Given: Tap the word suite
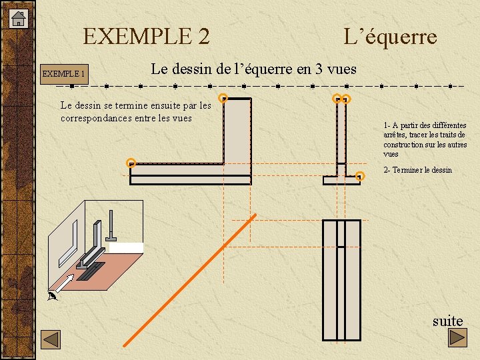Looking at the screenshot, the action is pyautogui.click(x=447, y=321).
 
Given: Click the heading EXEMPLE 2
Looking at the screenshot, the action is pyautogui.click(x=146, y=36).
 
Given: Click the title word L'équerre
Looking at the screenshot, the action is pyautogui.click(x=390, y=36).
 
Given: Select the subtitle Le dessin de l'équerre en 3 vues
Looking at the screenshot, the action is pyautogui.click(x=253, y=69).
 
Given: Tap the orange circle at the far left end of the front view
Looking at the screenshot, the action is pyautogui.click(x=131, y=162).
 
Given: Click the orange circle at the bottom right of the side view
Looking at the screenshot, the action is pyautogui.click(x=360, y=176).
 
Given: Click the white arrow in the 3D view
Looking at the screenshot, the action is pyautogui.click(x=63, y=283).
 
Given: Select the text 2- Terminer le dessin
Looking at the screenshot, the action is pyautogui.click(x=417, y=170).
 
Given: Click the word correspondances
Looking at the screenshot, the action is pyautogui.click(x=98, y=119).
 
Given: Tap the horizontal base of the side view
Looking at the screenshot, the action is pyautogui.click(x=341, y=180).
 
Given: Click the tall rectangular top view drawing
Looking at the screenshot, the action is pyautogui.click(x=341, y=280).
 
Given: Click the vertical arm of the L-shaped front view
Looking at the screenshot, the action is pyautogui.click(x=237, y=130).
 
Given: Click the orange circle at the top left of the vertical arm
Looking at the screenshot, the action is pyautogui.click(x=224, y=98).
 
